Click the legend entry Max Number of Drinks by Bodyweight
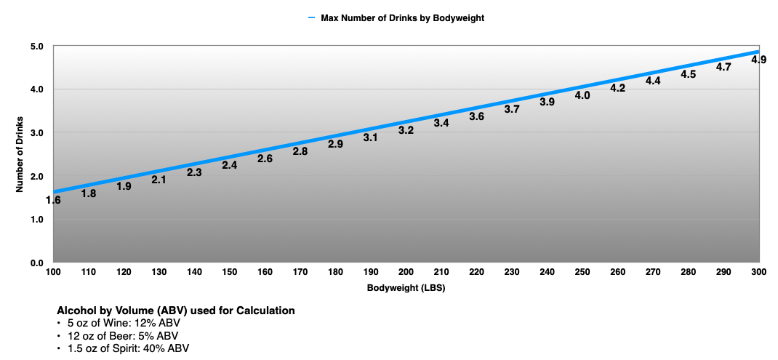(x=402, y=18)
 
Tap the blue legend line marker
(x=310, y=18)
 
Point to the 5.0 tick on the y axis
(x=37, y=46)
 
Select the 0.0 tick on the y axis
(x=37, y=263)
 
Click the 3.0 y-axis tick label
(x=37, y=132)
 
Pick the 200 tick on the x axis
(x=406, y=271)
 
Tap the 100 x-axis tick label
(x=53, y=271)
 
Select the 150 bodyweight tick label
(x=230, y=271)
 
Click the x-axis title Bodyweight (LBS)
(x=405, y=288)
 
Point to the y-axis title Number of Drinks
(x=21, y=154)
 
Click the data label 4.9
(x=758, y=60)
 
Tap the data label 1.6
(x=53, y=200)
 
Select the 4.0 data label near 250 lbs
(x=582, y=95)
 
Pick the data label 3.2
(x=406, y=130)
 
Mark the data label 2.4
(x=230, y=165)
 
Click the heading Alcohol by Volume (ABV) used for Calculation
(x=175, y=311)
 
